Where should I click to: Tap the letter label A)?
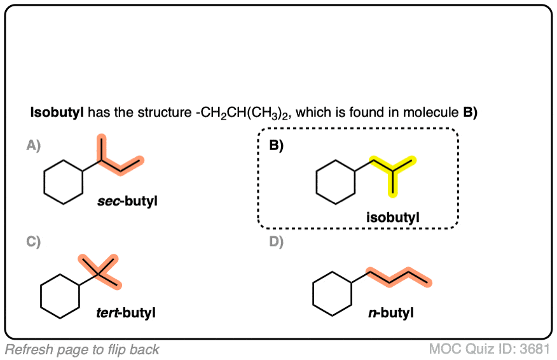coord(33,146)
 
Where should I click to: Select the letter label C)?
coord(33,242)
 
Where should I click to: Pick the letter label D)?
coord(276,242)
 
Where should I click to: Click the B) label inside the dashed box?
coord(276,146)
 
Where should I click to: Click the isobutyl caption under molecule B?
coord(393,218)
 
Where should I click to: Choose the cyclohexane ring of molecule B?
coord(336,182)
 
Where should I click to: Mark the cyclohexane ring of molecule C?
coord(60,296)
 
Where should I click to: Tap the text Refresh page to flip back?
coord(82,349)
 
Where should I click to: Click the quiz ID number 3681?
coord(535,349)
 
